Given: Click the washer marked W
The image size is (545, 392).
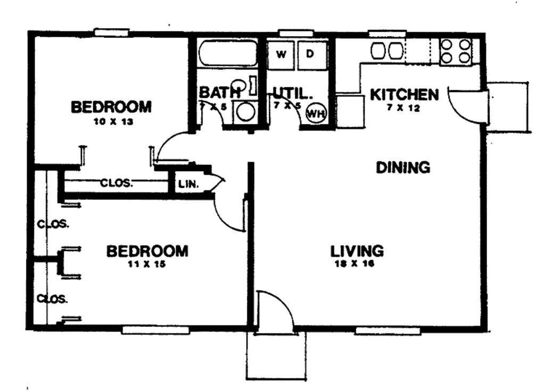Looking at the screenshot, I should [x=282, y=54].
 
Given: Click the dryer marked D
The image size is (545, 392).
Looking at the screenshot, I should [x=311, y=54].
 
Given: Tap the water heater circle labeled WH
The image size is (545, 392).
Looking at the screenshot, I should [x=316, y=112].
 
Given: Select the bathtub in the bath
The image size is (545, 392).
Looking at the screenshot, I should [x=227, y=54].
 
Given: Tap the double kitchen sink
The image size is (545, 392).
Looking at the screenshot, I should [x=387, y=51].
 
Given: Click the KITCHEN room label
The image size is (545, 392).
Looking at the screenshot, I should [x=404, y=95].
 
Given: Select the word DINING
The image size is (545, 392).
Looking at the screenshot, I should [x=403, y=168].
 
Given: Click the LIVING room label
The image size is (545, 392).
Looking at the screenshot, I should [x=357, y=250].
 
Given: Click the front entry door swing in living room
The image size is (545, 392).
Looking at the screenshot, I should [x=275, y=311].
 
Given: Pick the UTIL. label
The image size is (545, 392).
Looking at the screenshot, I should [x=292, y=93].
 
